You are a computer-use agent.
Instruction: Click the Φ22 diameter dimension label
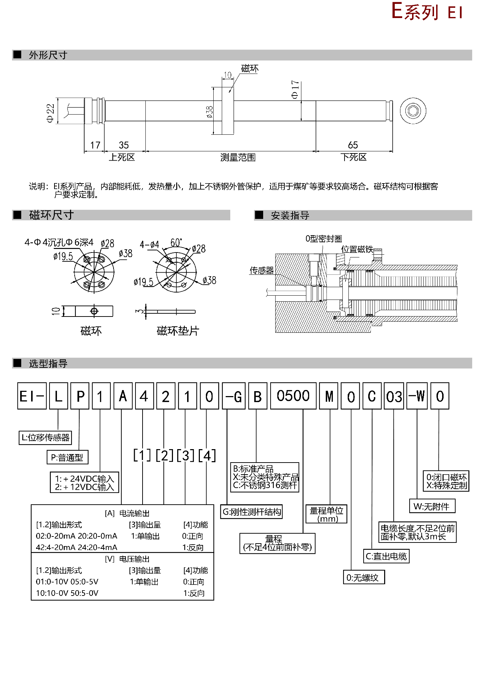pos(51,113)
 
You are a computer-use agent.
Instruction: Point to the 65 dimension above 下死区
pos(353,145)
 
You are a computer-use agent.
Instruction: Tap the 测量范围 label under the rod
pos(238,157)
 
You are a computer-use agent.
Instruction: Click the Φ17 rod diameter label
pos(295,90)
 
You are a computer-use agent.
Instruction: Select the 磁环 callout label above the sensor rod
pos(250,68)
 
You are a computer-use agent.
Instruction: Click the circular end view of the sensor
pos(413,111)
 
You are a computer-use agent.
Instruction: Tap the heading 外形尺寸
pos(48,55)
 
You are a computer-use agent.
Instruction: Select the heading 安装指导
pos(290,215)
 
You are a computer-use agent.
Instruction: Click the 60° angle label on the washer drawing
pos(176,243)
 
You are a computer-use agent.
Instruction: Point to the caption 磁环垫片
pos(178,331)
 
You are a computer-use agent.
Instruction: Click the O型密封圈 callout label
pos(324,239)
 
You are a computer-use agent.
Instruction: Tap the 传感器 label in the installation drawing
pos(262,271)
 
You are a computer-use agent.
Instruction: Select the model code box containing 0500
pos(293,396)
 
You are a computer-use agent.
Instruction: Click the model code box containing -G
pos(234,396)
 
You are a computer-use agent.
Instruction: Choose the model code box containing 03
pos(394,396)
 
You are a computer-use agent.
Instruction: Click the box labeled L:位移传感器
pos(45,437)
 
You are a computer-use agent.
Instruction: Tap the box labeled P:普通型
pos(67,458)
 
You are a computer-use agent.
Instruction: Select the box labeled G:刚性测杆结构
pos(251,512)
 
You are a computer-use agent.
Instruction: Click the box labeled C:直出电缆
pos(386,556)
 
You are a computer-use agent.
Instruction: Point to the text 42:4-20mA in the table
pos(53,547)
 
